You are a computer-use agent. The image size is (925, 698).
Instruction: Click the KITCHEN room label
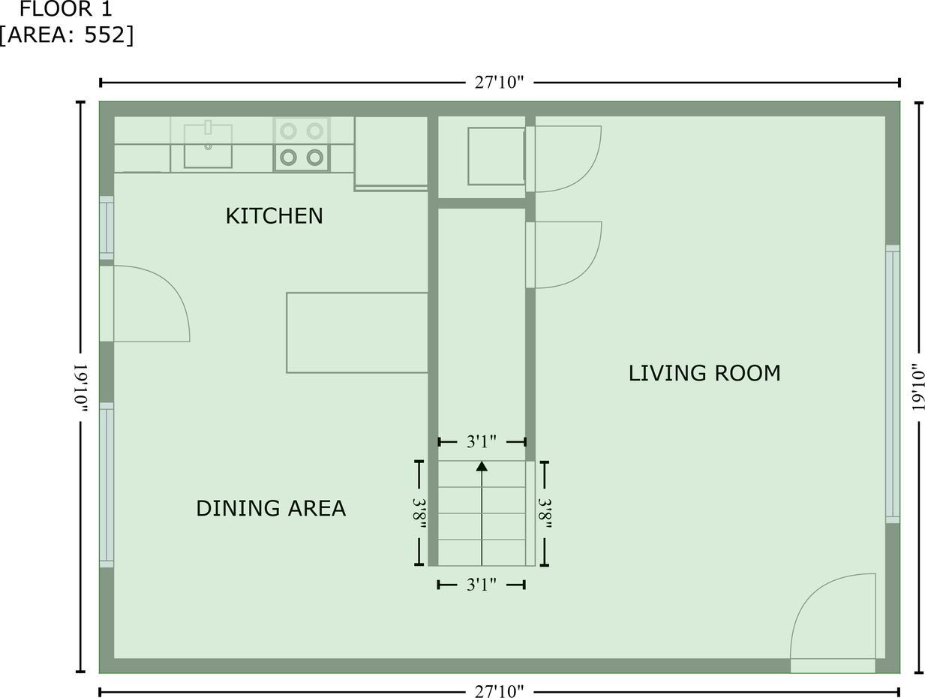[275, 216]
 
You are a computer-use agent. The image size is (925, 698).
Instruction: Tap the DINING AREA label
[271, 508]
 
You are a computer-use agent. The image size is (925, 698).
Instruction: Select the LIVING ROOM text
[704, 373]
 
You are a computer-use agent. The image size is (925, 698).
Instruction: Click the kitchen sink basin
[208, 146]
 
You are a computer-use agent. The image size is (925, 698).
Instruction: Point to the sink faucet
[208, 128]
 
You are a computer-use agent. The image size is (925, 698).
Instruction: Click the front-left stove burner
[289, 158]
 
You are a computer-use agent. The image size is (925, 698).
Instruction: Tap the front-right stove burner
[315, 158]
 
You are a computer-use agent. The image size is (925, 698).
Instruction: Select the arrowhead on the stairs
[482, 466]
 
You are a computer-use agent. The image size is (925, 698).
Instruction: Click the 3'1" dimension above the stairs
[481, 442]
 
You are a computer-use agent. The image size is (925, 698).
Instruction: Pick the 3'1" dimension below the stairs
[481, 585]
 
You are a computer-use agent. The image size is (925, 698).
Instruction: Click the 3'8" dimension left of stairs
[419, 513]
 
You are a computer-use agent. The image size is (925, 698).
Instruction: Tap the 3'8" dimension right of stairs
[545, 513]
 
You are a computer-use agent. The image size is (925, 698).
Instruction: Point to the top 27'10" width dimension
[499, 83]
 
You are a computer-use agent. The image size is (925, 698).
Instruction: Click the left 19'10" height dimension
[81, 388]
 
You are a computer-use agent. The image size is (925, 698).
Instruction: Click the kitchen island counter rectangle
[357, 332]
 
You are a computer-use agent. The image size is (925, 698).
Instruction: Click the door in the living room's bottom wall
[833, 623]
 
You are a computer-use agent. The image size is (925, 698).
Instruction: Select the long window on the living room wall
[893, 384]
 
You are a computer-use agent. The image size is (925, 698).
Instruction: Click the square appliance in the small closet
[496, 156]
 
